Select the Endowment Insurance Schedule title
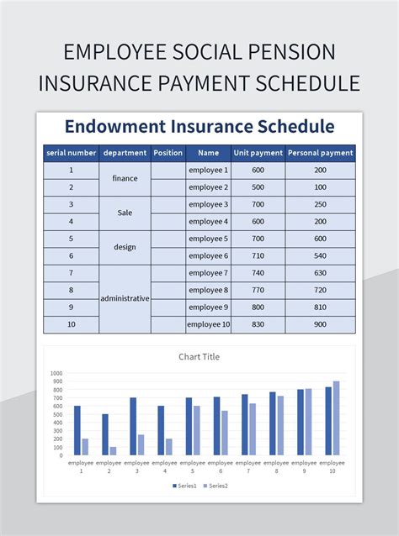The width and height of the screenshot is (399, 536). (x=199, y=126)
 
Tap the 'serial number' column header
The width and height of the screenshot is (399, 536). (x=71, y=153)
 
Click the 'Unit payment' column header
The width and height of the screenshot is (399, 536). (x=258, y=153)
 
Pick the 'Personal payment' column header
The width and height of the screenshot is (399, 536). (x=320, y=153)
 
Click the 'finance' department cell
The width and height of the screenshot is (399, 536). (x=125, y=178)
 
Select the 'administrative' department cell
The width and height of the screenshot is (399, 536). (x=125, y=298)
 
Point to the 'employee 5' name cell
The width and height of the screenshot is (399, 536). (x=208, y=239)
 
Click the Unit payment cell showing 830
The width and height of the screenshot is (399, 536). (x=258, y=324)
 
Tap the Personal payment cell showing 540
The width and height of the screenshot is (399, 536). (x=320, y=255)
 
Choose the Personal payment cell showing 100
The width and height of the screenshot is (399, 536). (x=320, y=187)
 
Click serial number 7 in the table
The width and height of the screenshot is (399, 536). (x=71, y=273)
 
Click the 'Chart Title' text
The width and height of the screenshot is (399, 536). (x=199, y=356)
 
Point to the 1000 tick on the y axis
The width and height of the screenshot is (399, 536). (x=56, y=373)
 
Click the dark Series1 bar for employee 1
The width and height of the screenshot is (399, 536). (x=77, y=430)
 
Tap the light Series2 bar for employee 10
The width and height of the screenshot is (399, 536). (x=337, y=418)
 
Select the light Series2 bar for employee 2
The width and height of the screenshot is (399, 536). (x=113, y=450)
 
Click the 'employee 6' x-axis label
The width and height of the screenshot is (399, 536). (x=220, y=466)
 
